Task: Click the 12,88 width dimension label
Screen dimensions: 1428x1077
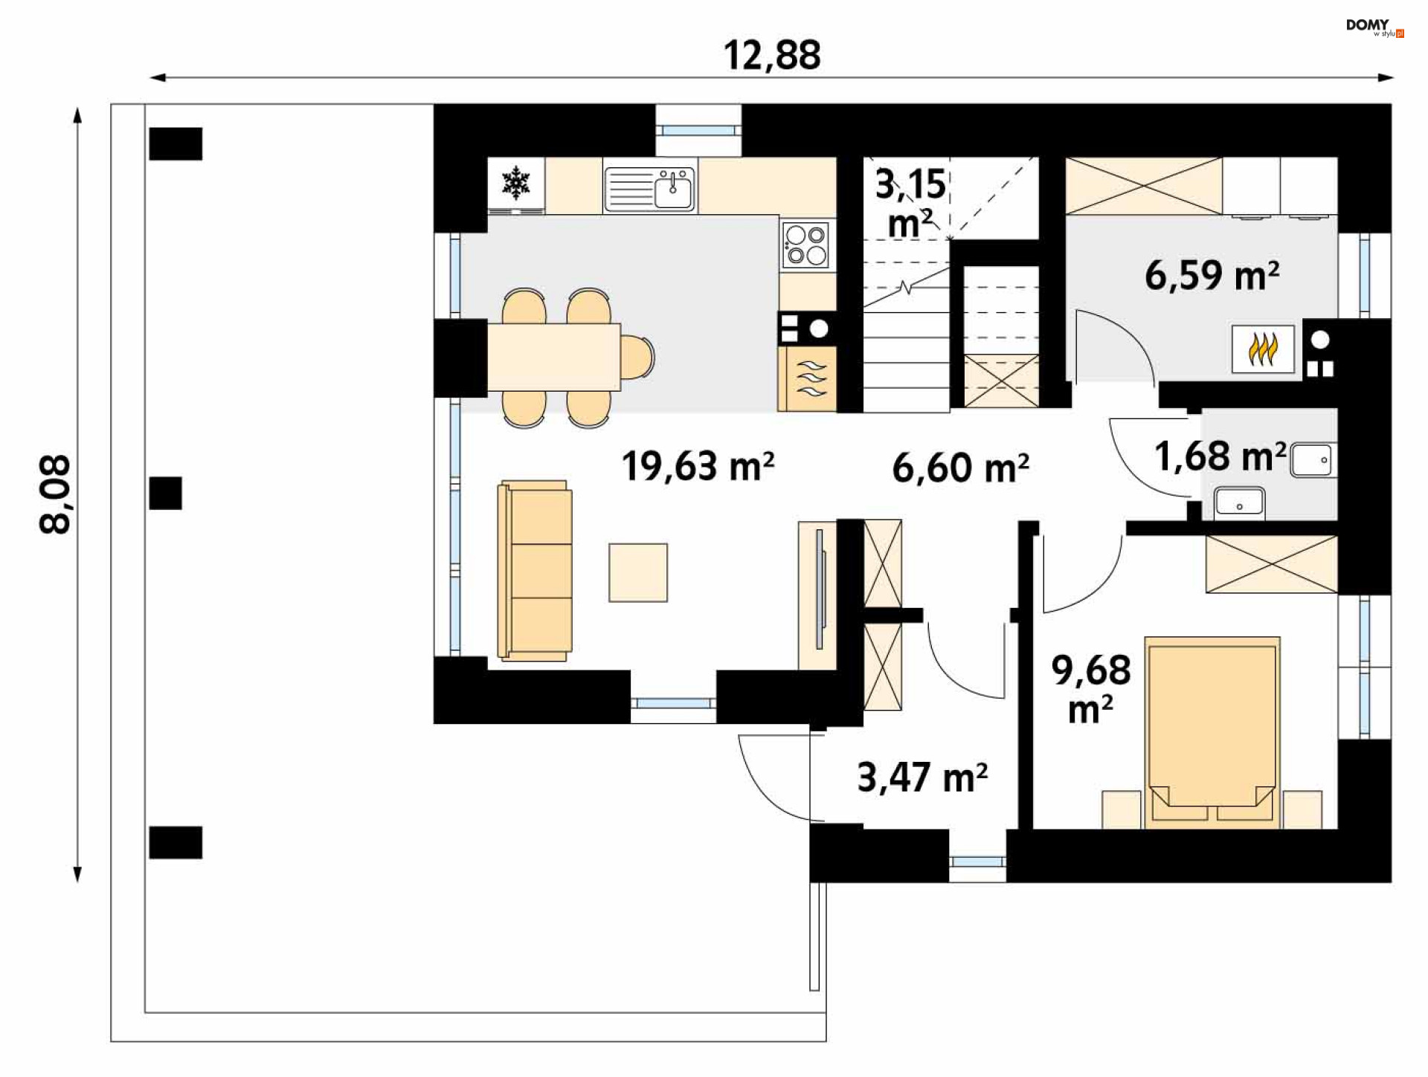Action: click(772, 56)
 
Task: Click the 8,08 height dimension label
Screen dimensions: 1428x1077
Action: click(56, 494)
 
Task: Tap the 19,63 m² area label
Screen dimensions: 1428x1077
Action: click(698, 466)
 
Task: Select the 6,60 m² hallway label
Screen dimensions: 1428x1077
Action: click(960, 468)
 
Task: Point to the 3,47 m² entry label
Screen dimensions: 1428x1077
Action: click(922, 777)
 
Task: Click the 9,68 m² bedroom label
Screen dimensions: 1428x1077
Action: click(1090, 689)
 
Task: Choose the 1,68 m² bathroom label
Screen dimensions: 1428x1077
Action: click(1220, 456)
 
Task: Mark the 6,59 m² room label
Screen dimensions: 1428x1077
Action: click(1212, 275)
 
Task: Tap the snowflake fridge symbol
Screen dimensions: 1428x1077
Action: click(515, 184)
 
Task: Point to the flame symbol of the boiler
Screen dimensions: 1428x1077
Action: click(1263, 349)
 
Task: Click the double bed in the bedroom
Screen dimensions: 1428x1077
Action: click(1212, 732)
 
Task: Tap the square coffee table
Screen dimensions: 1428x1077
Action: click(638, 572)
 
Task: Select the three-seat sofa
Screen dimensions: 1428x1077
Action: click(535, 571)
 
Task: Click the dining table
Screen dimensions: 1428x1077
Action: click(554, 357)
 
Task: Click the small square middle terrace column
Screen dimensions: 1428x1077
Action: click(165, 494)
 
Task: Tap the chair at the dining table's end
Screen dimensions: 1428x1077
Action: click(637, 357)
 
